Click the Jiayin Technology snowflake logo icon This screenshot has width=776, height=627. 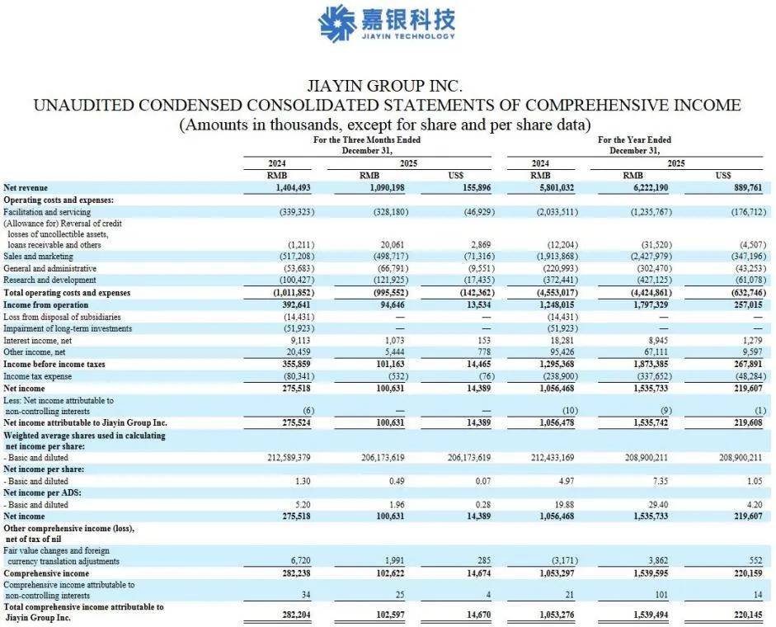(336, 22)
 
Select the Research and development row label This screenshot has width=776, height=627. (50, 280)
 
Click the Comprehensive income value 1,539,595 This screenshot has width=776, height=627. (650, 573)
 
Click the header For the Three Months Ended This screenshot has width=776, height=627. (366, 140)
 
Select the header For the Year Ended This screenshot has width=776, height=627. (634, 140)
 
